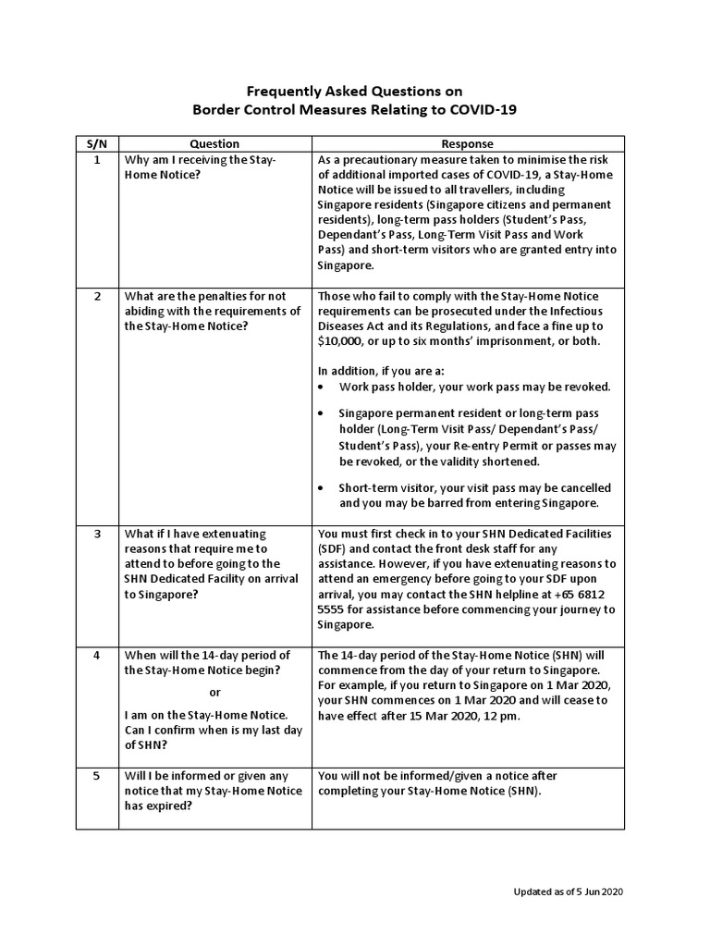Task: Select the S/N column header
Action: pyautogui.click(x=97, y=144)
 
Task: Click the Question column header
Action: pyautogui.click(x=214, y=144)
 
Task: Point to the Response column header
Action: pyautogui.click(x=467, y=144)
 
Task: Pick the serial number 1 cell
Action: pyautogui.click(x=97, y=160)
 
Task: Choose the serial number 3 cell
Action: pyautogui.click(x=97, y=535)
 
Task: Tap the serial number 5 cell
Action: pyautogui.click(x=97, y=776)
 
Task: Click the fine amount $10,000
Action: pyautogui.click(x=343, y=341)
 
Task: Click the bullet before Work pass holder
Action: pyautogui.click(x=321, y=387)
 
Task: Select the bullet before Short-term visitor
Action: pyautogui.click(x=321, y=488)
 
